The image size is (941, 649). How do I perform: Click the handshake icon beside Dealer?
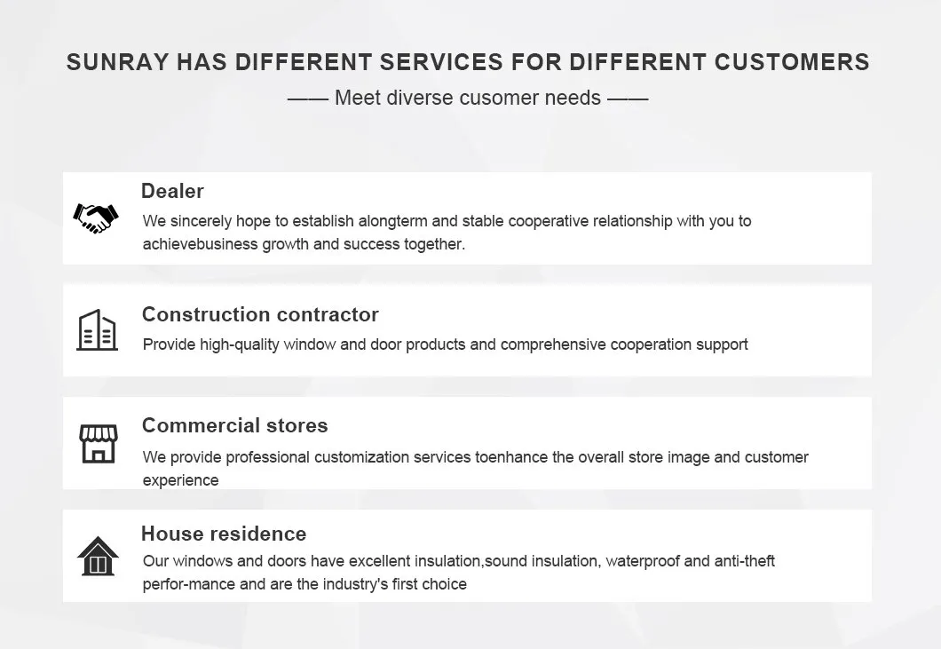click(96, 218)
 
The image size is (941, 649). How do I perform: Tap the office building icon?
click(98, 329)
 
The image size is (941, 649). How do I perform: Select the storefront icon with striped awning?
click(99, 444)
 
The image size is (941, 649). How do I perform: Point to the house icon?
click(98, 556)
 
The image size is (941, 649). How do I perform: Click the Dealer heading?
click(172, 191)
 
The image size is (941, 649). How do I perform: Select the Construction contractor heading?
click(260, 314)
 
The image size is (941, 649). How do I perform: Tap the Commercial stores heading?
click(234, 425)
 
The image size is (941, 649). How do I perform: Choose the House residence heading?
click(224, 533)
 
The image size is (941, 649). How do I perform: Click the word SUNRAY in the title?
click(117, 62)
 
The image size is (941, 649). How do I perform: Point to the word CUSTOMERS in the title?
click(792, 62)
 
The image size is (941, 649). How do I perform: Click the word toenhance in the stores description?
click(511, 457)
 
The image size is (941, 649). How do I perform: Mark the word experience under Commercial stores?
click(180, 480)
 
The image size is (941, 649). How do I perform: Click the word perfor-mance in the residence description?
click(189, 584)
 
